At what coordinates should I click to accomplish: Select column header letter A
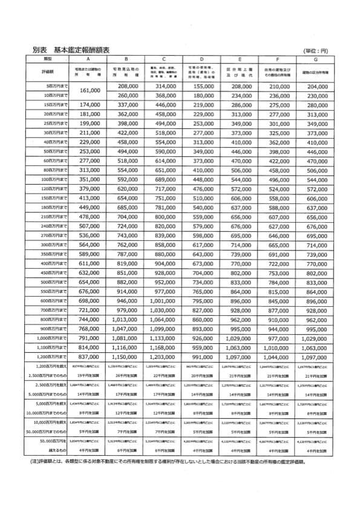coord(88,60)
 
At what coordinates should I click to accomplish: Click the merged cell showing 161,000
coord(89,91)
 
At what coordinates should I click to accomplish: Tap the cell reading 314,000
coord(164,87)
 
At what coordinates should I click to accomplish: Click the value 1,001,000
coord(164,300)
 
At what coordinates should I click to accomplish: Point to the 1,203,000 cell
coord(164,358)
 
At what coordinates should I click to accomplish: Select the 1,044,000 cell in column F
coord(277,358)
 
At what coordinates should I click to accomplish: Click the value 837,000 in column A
coord(89,358)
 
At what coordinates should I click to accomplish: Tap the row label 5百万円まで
coord(50,87)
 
